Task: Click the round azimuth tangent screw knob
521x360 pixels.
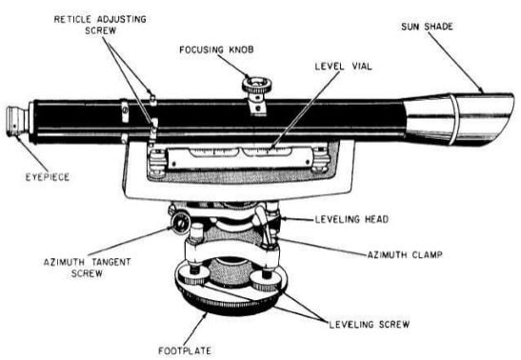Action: point(178,225)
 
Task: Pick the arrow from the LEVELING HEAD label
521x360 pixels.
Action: point(300,220)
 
